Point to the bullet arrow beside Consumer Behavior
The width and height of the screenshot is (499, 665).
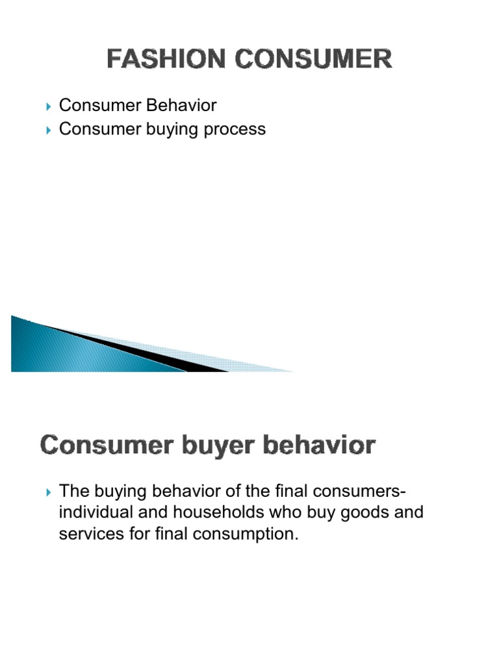pos(49,106)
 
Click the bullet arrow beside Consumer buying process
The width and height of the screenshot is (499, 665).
pos(49,130)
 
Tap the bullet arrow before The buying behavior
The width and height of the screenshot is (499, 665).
pos(49,490)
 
